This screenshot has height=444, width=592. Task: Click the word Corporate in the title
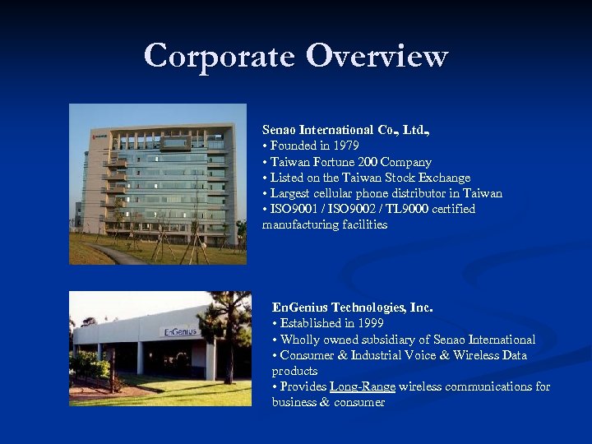[x=219, y=56]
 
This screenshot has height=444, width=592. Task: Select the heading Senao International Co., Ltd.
[x=346, y=130]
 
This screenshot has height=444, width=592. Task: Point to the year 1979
[x=345, y=146]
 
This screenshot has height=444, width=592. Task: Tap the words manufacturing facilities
[x=325, y=224]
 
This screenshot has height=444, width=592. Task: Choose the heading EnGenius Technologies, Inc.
[x=352, y=308]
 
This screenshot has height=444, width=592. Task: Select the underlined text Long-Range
[x=363, y=386]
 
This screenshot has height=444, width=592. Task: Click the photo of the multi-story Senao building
[x=158, y=183]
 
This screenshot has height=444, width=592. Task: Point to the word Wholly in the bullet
[x=300, y=340]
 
